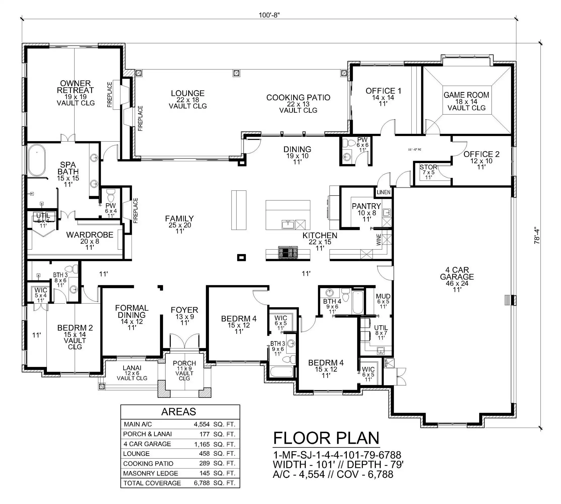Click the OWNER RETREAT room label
[75, 87]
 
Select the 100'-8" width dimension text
[269, 15]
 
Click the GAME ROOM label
[466, 95]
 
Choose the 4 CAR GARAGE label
[457, 273]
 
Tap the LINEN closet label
[384, 192]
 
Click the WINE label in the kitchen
[379, 240]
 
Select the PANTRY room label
[366, 206]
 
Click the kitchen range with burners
[288, 253]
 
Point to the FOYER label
[184, 310]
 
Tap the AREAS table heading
[179, 412]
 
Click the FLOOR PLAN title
[326, 438]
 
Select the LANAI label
[132, 368]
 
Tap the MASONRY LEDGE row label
[151, 474]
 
